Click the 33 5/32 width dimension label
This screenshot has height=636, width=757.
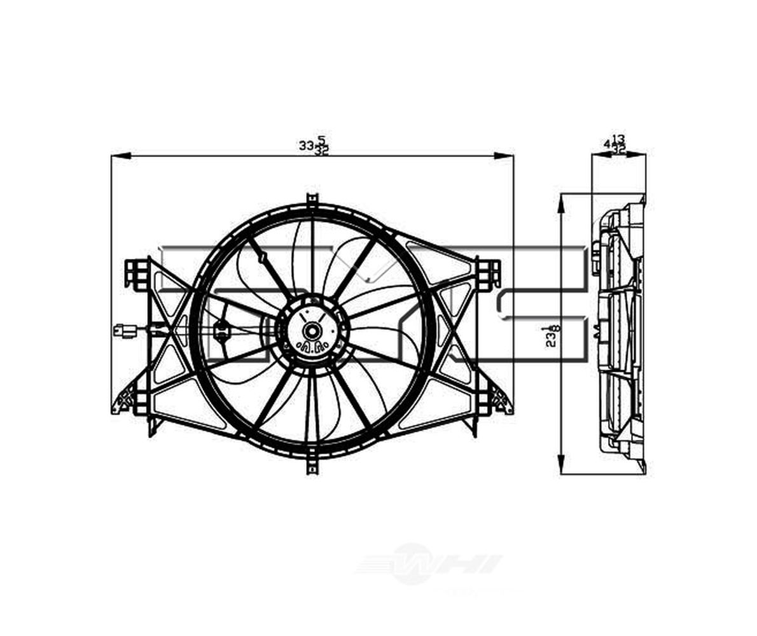click(x=313, y=145)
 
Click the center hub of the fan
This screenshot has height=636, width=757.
click(x=312, y=331)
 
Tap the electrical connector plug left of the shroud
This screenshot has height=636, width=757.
click(x=124, y=331)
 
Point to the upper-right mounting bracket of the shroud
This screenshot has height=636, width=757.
click(x=489, y=273)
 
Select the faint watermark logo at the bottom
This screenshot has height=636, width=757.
click(x=427, y=563)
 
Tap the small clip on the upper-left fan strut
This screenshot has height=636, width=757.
click(x=261, y=257)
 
